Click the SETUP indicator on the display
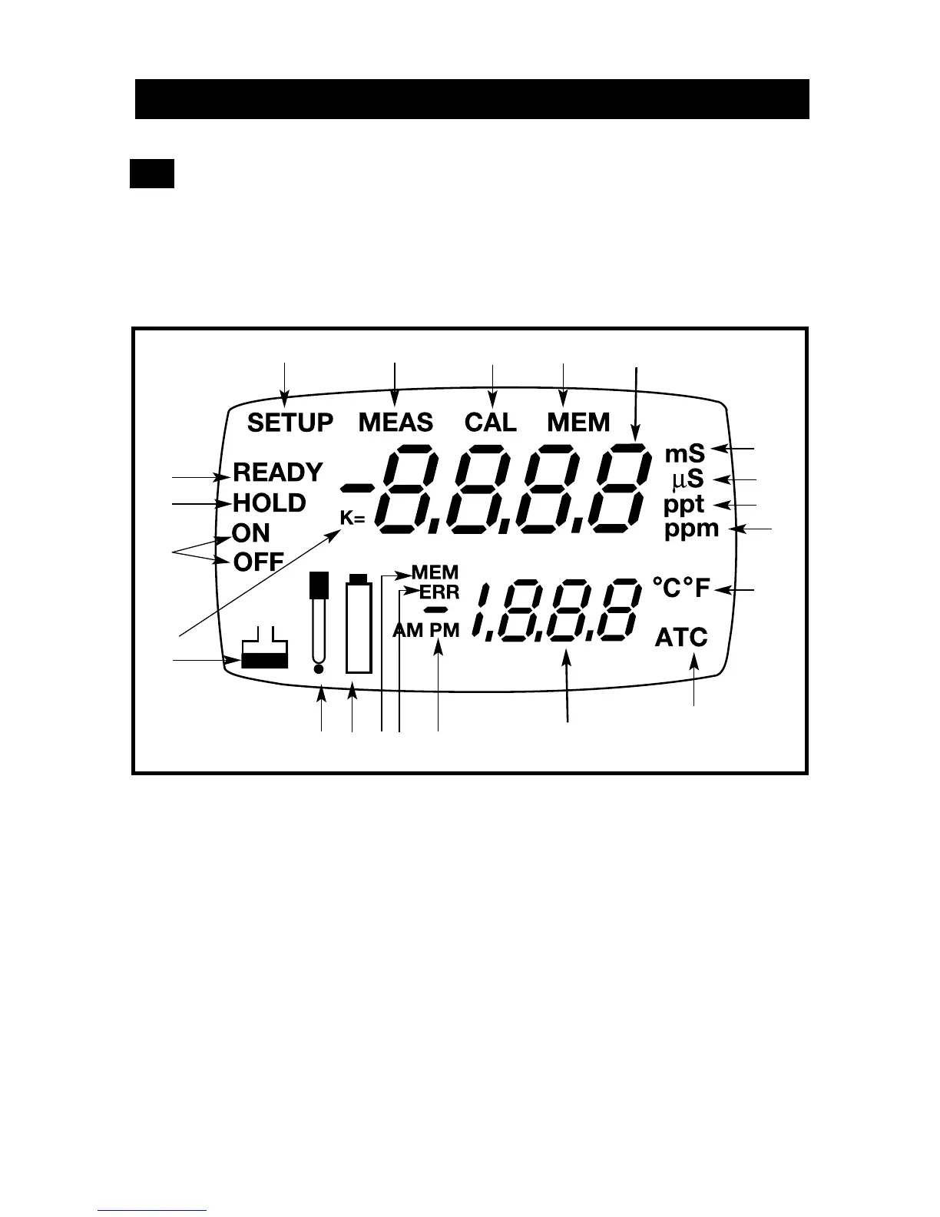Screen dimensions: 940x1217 (290, 423)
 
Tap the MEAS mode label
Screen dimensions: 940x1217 (396, 423)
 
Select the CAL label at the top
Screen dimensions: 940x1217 (491, 423)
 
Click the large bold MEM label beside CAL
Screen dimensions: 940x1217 (578, 423)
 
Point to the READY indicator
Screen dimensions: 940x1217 (278, 472)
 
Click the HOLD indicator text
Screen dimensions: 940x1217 (270, 503)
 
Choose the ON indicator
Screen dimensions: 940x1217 (251, 533)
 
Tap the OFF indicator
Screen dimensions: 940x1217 (259, 562)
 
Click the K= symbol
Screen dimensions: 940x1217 (352, 519)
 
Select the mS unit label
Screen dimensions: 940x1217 (684, 453)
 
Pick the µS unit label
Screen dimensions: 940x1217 (687, 479)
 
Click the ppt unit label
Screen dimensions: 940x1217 (683, 505)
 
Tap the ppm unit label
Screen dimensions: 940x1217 (691, 529)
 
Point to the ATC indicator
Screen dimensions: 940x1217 (681, 637)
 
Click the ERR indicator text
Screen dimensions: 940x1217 (439, 592)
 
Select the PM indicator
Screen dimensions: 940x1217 (445, 630)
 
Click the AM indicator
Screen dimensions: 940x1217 (408, 630)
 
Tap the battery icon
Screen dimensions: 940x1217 (359, 624)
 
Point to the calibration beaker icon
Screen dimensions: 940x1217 (264, 650)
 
